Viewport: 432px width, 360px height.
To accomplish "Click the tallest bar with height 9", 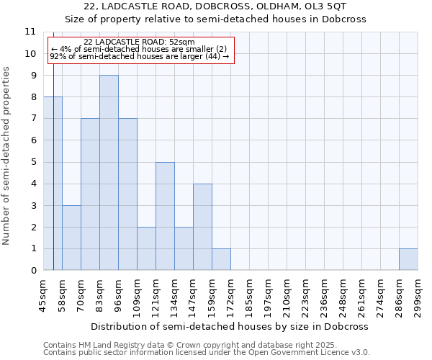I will coord(109,173).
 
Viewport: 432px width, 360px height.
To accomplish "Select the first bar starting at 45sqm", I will coord(53,184).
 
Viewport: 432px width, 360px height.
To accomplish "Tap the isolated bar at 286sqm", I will coord(408,259).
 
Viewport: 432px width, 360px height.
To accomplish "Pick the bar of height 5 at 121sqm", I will coord(165,216).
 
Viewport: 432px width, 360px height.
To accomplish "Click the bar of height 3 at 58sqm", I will coord(71,238).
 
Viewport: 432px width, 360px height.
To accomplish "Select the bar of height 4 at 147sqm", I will coord(202,227).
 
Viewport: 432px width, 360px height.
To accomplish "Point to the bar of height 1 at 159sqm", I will coord(221,259).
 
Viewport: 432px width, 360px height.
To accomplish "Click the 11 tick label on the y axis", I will coord(30,32).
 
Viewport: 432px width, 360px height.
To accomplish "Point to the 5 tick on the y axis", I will coord(32,162).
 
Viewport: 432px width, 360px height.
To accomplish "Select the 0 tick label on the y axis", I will coord(32,271).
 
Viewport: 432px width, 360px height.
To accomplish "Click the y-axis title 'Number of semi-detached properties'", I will coord(7,156).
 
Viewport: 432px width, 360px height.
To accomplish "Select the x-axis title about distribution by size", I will coord(230,326).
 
